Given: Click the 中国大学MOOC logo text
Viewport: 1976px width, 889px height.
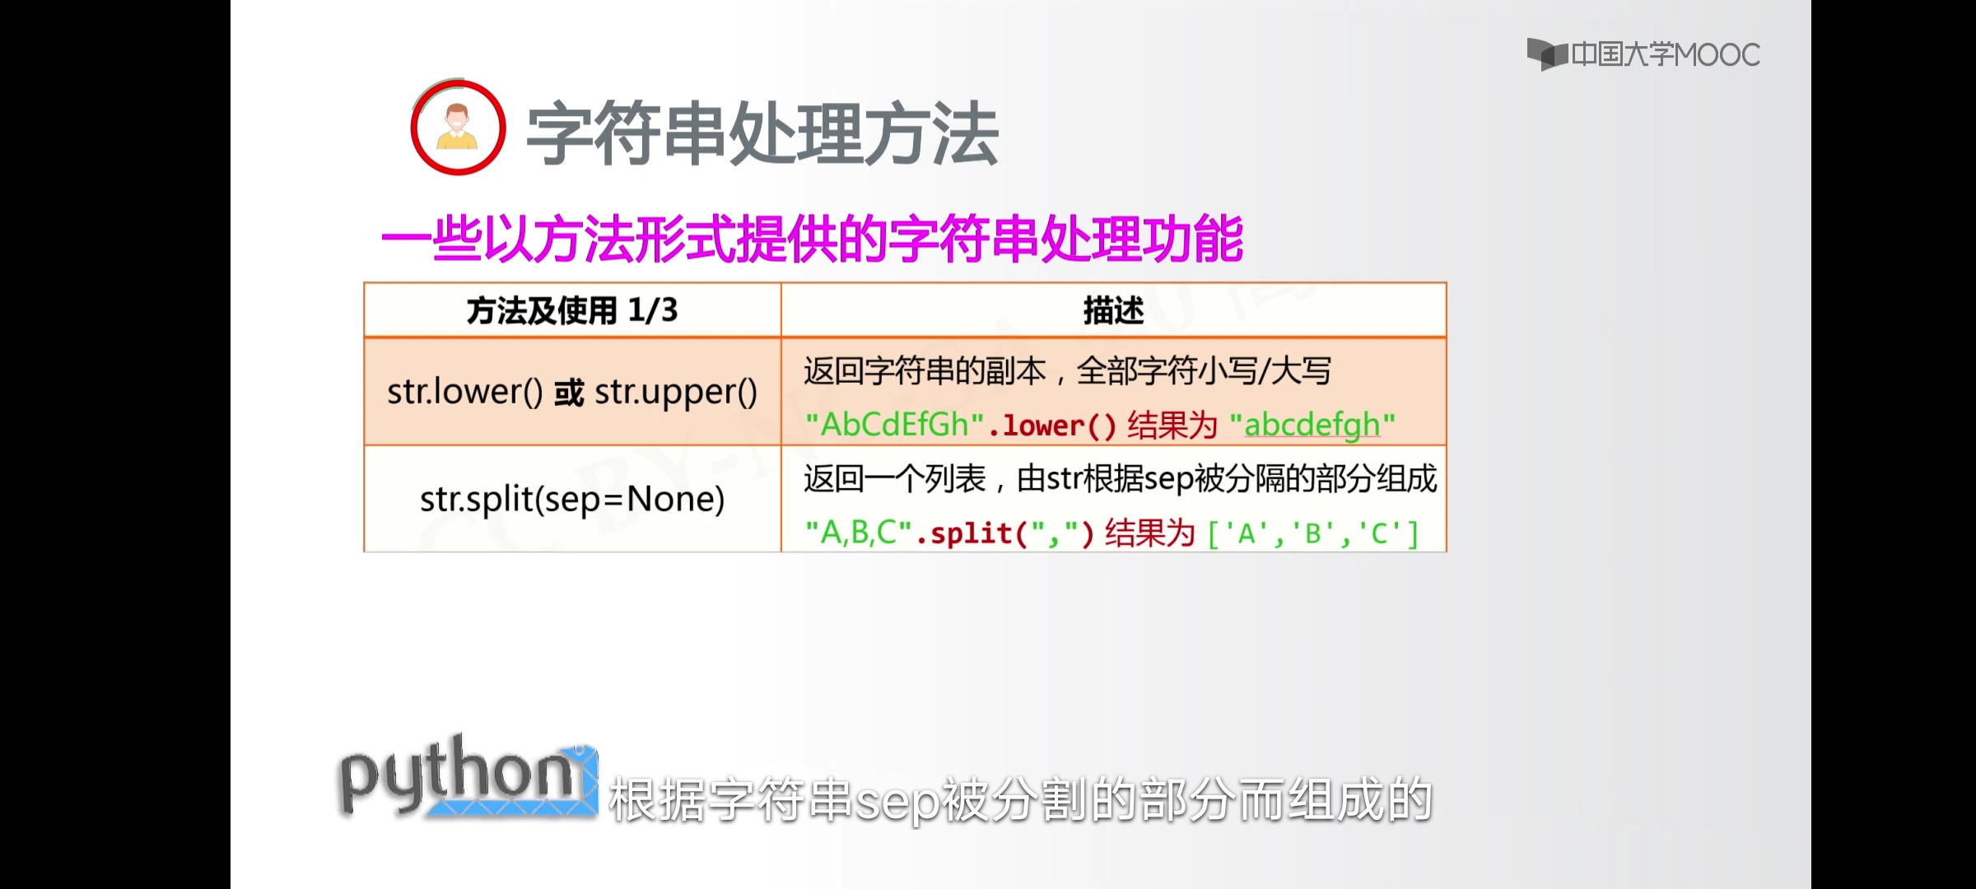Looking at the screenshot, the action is tap(1665, 54).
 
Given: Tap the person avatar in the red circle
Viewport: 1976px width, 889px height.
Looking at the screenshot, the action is tap(458, 128).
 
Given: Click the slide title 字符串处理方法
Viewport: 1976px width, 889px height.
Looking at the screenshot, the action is tap(762, 133).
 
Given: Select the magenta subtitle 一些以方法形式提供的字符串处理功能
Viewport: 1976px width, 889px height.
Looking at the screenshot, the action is tap(812, 240).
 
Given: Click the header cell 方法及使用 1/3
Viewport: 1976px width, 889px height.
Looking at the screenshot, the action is tap(572, 310).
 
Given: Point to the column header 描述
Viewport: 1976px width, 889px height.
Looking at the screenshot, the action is tap(1113, 311).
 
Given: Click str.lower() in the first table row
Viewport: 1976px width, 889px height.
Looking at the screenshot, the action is tap(465, 392).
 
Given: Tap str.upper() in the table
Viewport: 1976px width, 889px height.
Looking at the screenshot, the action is tap(676, 393).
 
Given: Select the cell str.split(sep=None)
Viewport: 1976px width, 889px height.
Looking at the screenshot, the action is tap(572, 499).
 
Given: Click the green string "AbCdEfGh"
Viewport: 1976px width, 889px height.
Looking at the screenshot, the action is tap(895, 425).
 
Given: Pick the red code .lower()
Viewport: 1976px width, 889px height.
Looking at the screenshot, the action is tap(1051, 426).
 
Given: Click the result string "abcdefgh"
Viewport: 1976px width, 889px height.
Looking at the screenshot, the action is tap(1312, 426).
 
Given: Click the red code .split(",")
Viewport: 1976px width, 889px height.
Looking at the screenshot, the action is tap(1004, 533).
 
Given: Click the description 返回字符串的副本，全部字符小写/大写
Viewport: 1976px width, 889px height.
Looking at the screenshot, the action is tap(1067, 371).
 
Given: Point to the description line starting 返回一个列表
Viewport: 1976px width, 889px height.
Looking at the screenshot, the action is tap(1120, 479).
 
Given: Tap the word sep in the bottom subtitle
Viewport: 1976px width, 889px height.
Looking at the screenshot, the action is tap(897, 802).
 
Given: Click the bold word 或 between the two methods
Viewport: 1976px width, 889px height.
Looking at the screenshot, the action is tap(569, 393).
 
